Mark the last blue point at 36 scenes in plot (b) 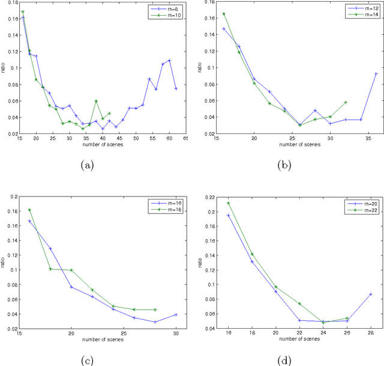(x=376, y=74)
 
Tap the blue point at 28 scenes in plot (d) (x=371, y=294)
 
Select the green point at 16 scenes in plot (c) (x=29, y=210)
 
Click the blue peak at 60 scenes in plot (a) (x=169, y=60)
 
